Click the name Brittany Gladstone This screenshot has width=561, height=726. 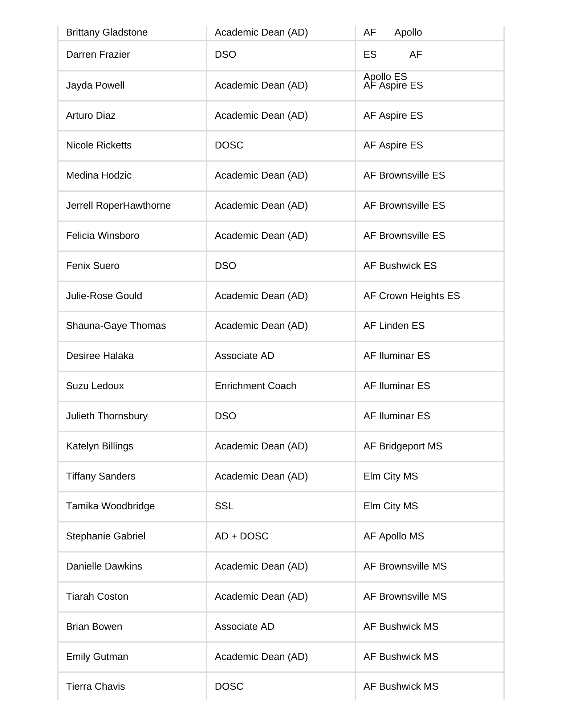coord(107,32)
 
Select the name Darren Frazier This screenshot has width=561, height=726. coord(98,54)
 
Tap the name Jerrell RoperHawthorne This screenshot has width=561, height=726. coord(118,205)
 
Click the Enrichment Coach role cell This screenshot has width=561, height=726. coord(255,386)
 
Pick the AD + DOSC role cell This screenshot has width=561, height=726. coord(241,536)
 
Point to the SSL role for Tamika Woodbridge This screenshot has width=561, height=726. coord(224,506)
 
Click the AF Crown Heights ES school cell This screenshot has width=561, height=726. coord(411,296)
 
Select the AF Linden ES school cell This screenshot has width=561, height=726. coord(394,326)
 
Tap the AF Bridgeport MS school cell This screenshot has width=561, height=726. coord(403,446)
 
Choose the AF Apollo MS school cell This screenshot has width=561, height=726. coord(394,536)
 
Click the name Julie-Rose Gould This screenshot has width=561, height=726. coord(104,296)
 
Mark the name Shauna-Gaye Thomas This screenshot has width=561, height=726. coord(116,326)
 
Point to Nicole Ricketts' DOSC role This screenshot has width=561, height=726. coord(229,145)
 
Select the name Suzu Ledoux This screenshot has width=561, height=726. coord(95,386)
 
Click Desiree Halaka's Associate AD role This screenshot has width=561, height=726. coord(244,356)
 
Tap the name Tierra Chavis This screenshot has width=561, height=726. coord(95,686)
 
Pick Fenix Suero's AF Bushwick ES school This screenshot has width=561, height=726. coord(400,266)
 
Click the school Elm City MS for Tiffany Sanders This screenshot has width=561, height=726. coord(391,476)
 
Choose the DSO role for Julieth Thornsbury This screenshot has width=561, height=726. coord(225,416)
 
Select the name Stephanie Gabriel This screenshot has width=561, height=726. coord(106,536)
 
